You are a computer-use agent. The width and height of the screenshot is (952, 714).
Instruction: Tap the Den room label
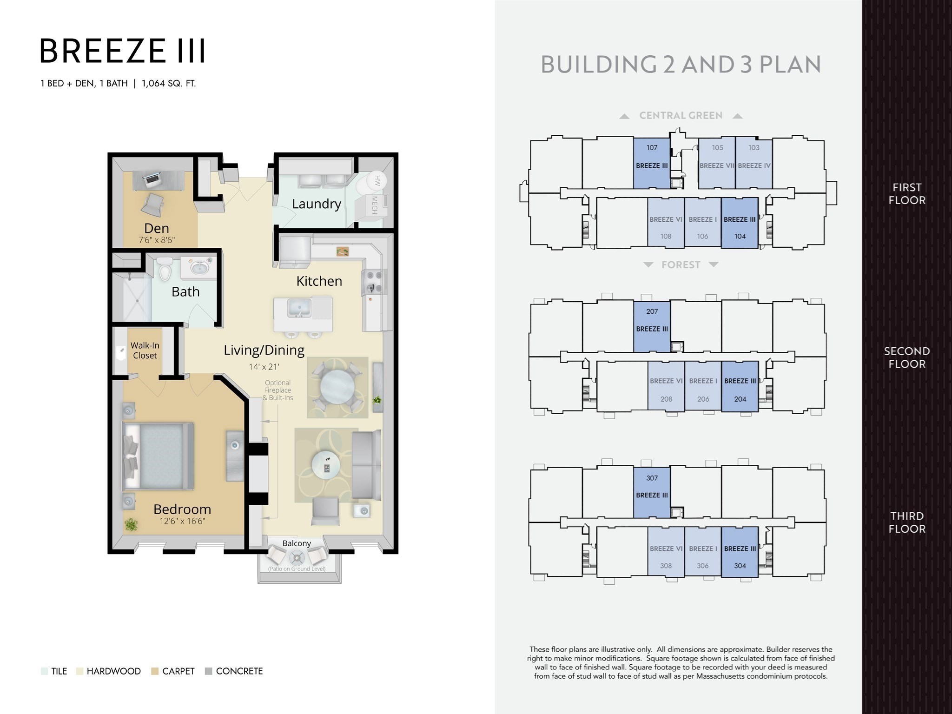(157, 228)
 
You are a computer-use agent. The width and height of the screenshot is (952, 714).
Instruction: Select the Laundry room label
(317, 204)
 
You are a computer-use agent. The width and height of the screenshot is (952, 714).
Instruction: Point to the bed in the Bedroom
(158, 456)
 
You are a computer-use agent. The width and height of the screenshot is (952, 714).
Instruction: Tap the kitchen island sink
(299, 308)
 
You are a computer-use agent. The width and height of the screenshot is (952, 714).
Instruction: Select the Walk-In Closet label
(145, 350)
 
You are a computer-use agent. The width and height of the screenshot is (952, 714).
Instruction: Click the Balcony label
(297, 543)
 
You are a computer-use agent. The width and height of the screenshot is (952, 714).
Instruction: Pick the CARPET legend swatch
(155, 671)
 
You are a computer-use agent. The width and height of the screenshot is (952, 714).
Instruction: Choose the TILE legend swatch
(44, 671)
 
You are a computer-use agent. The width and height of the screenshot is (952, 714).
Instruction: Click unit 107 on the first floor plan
(652, 163)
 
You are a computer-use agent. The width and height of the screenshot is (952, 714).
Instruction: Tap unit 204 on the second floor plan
(740, 386)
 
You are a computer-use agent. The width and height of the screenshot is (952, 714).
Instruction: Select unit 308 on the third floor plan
(666, 552)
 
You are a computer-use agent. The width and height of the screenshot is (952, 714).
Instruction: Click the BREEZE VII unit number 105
(718, 148)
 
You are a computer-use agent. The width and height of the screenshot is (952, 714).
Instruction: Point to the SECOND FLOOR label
(907, 357)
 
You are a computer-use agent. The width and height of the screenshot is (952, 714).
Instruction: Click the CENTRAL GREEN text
(681, 116)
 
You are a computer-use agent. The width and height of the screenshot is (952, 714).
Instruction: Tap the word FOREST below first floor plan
(681, 265)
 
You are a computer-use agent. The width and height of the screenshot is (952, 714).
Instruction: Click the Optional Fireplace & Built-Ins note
(278, 390)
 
